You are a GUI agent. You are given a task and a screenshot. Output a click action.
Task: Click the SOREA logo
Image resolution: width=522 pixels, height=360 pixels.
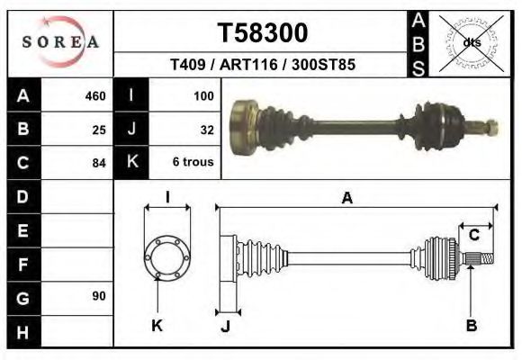point(60,42)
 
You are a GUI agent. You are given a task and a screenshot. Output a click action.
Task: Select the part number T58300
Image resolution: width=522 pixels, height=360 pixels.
point(263,33)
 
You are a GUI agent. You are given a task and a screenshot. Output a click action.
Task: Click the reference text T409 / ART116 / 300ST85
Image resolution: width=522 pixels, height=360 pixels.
point(263,66)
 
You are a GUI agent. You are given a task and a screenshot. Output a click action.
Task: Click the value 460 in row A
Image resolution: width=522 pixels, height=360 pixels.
point(94,96)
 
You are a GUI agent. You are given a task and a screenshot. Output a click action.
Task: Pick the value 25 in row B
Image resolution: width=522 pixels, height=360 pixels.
point(99,130)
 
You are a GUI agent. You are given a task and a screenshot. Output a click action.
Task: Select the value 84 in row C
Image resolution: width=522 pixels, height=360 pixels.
point(99,163)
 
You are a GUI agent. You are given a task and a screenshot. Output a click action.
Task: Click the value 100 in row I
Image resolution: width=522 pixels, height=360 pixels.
point(202,96)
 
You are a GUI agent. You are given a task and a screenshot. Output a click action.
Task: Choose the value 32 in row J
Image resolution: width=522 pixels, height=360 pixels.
point(206,130)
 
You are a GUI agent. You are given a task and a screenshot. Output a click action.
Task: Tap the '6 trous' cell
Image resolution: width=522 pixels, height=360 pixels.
point(193,163)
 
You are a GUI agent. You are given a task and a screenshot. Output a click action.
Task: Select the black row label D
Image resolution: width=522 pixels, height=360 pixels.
point(23,196)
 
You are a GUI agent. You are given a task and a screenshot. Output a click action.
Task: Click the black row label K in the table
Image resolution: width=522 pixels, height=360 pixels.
point(131,162)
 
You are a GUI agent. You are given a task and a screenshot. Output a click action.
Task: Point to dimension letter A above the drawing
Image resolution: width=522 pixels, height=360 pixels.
point(346,199)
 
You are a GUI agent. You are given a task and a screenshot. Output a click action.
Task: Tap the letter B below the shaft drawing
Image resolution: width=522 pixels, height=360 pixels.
point(471,325)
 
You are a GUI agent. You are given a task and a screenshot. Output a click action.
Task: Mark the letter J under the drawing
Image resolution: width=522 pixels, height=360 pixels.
point(225,326)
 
